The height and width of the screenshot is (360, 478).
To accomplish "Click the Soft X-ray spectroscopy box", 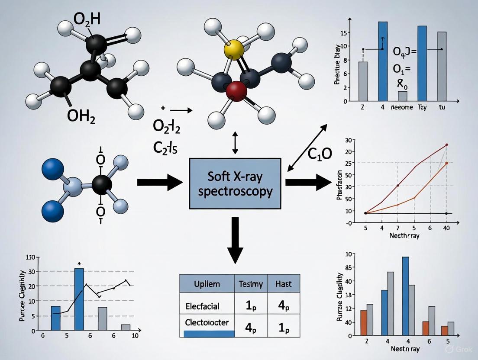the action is pos(235,184).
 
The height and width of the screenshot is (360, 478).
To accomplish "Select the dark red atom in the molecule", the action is pos(236,90).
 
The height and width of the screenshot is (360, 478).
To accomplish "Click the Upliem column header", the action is pos(207,284).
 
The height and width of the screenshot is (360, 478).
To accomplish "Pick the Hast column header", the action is pos(283,284).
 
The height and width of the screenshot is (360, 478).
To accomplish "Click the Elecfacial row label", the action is pos(202,306).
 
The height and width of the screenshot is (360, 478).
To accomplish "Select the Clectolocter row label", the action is pos(207,323).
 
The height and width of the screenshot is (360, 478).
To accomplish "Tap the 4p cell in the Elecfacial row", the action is pos(283,306).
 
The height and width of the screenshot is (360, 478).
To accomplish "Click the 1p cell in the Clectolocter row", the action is pos(283,328).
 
